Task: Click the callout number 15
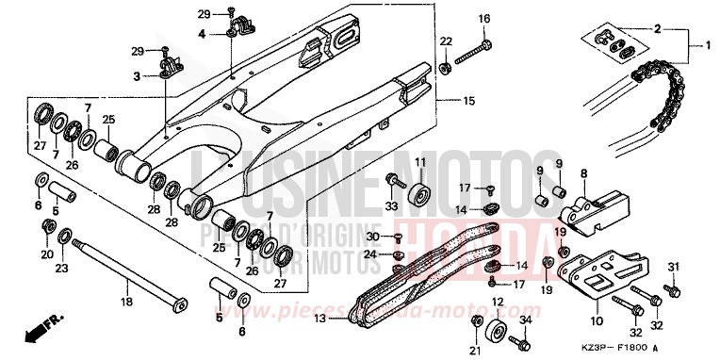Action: (468, 101)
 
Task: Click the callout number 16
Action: (484, 19)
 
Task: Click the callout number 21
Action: (473, 351)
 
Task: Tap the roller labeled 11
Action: (420, 195)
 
